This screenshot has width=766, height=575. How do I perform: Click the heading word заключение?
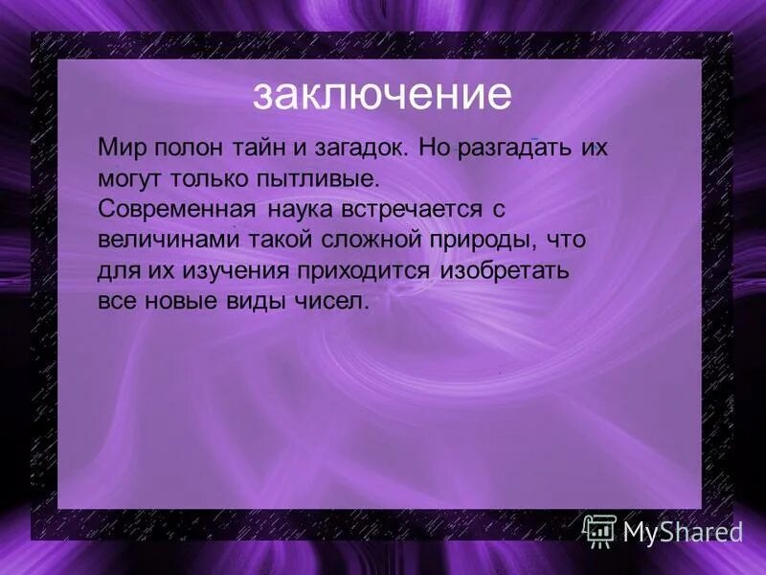click(x=382, y=95)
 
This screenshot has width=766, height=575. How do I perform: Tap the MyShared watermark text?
click(x=684, y=530)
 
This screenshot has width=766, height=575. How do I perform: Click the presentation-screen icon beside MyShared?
click(x=599, y=529)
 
